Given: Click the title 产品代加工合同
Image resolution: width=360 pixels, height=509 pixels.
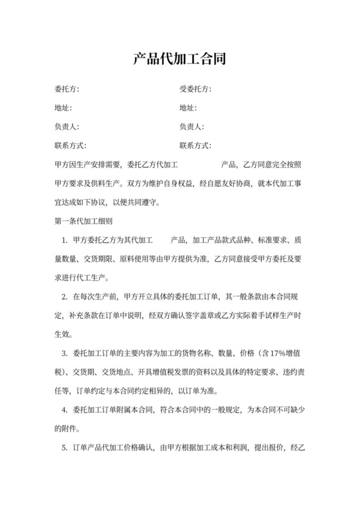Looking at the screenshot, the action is tap(179, 60).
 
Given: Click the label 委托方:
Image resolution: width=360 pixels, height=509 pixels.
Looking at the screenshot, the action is tap(67, 89).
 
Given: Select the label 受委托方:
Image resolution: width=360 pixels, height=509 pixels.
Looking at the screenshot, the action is tap(195, 89).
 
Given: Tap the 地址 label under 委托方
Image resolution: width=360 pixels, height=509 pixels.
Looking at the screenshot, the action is tap(63, 107).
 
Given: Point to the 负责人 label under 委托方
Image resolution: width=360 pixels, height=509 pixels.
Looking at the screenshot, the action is tap(67, 127).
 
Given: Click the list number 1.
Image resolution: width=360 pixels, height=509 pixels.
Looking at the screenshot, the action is tap(65, 240).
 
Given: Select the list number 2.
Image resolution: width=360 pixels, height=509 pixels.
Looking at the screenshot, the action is tap(65, 297).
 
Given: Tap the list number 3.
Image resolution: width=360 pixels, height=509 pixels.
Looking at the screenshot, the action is tap(65, 353).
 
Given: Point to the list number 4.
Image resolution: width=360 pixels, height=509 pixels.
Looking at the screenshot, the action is tap(65, 410).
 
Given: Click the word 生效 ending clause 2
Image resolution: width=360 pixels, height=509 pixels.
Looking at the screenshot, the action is tap(63, 335).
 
